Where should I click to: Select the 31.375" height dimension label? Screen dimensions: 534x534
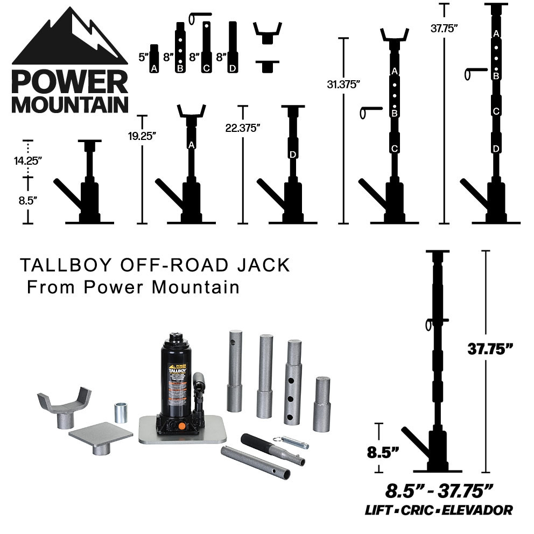[343, 85]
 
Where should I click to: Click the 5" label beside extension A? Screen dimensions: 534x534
[143, 57]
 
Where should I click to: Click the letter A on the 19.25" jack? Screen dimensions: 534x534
[192, 144]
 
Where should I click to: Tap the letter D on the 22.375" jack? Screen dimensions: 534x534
[293, 154]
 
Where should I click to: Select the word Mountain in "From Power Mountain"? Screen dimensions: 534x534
[195, 287]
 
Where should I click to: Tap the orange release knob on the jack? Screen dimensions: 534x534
[182, 426]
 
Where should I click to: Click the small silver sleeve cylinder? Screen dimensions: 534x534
[120, 413]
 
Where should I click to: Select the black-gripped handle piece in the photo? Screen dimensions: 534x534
[272, 448]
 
